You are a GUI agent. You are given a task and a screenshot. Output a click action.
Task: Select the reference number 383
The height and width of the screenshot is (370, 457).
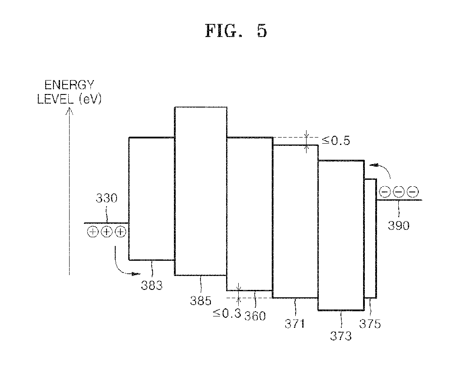tap(152, 286)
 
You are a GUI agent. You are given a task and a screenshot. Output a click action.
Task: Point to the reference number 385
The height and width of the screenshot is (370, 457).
tap(200, 300)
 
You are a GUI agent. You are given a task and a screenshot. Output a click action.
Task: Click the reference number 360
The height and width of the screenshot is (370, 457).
tap(255, 316)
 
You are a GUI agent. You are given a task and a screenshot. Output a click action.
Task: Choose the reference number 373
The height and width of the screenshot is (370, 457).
tap(341, 336)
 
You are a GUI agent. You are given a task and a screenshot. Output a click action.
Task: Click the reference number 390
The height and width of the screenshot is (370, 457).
tap(398, 225)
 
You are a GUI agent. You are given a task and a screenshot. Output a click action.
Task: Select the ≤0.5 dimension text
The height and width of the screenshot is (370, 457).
tap(336, 141)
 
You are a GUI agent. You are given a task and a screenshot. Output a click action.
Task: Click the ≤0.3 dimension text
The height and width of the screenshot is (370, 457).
tap(227, 313)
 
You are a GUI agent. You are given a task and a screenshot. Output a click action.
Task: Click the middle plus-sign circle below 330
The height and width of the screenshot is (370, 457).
tap(107, 232)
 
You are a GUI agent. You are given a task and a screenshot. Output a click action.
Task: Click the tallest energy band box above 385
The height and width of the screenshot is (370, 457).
tap(200, 191)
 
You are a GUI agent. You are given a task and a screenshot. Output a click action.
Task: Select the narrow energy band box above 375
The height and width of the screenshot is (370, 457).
tap(370, 239)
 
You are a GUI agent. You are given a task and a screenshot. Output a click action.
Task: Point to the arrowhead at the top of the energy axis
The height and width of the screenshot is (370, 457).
tap(69, 111)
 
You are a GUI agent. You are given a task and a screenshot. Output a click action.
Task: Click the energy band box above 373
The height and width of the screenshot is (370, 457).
tap(341, 235)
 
